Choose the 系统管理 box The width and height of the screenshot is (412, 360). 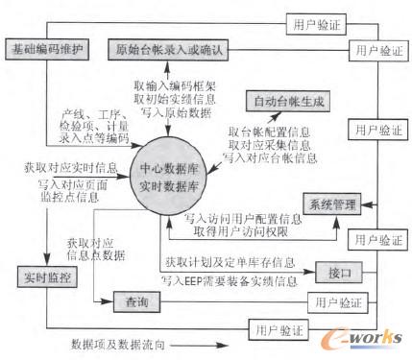[331, 203]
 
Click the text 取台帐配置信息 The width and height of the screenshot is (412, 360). [271, 130]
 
